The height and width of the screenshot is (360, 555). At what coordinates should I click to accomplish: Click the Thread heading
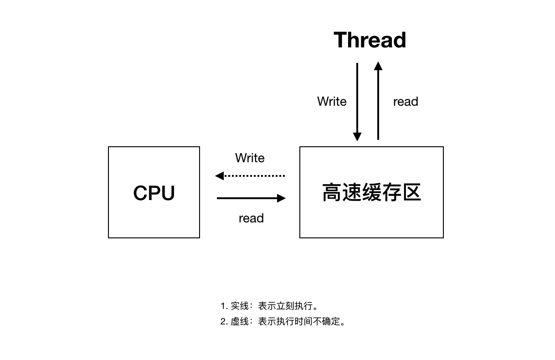370,40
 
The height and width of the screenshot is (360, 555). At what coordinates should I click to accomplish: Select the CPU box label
154,193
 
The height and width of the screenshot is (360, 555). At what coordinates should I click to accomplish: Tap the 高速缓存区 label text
371,192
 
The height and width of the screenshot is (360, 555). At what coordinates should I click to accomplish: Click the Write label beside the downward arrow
332,101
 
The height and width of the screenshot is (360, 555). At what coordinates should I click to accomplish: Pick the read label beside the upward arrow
406,101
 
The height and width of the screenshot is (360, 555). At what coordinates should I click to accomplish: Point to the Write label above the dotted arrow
250,158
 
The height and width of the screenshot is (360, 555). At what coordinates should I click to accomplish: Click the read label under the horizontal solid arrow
251,218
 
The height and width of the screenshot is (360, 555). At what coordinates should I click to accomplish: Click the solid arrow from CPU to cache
251,198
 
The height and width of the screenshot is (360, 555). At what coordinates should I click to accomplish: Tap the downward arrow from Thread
357,100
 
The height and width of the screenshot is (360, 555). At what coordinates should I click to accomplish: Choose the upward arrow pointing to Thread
378,100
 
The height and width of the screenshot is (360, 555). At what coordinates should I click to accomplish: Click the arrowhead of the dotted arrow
219,175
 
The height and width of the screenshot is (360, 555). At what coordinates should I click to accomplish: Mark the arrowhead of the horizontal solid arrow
282,198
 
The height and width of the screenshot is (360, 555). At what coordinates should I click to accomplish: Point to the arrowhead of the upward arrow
378,66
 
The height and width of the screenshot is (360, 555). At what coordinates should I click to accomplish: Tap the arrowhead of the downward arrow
357,137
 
